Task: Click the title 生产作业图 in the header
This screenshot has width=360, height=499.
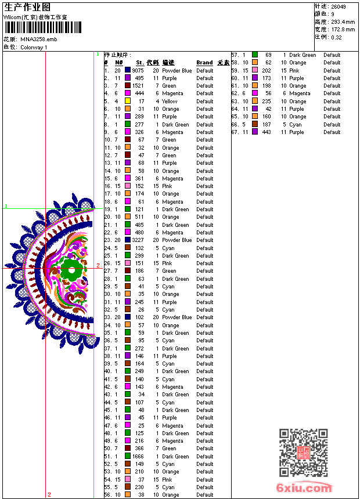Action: [x=27, y=7]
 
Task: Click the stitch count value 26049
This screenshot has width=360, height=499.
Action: [x=338, y=6]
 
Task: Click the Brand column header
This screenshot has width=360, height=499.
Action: [x=204, y=63]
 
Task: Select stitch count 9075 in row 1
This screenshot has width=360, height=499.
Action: [x=138, y=71]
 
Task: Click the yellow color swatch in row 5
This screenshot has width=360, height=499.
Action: [x=128, y=101]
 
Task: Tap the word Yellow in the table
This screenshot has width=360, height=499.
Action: [x=170, y=102]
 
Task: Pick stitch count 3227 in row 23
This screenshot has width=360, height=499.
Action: [x=138, y=240]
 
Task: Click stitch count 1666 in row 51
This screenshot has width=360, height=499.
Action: [x=138, y=457]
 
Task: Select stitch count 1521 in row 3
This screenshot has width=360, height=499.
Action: [x=138, y=86]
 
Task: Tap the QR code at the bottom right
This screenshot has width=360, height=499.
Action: [x=303, y=453]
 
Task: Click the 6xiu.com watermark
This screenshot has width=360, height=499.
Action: [x=304, y=487]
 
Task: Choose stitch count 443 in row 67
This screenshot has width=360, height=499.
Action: [x=266, y=132]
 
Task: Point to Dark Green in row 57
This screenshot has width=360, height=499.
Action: [x=303, y=55]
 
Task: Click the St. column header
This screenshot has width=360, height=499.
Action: [x=140, y=63]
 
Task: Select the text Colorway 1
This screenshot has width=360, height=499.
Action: [x=34, y=47]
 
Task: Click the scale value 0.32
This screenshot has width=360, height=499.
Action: [x=336, y=37]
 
